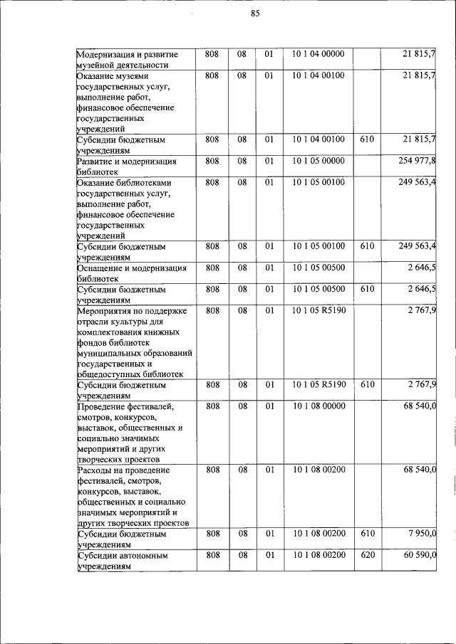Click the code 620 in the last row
pyautogui.click(x=367, y=555)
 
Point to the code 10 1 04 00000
pyautogui.click(x=318, y=54)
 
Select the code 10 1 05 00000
pyautogui.click(x=318, y=161)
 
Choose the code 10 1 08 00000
pyautogui.click(x=318, y=406)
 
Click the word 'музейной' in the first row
pyautogui.click(x=96, y=65)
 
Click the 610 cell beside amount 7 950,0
pyautogui.click(x=367, y=533)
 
